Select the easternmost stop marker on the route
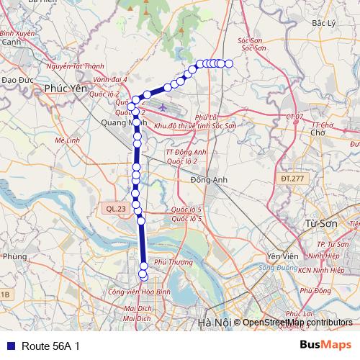tap(229, 64)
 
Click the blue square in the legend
tap(9, 346)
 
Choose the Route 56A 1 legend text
tap(50, 346)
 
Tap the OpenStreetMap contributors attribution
tap(297, 322)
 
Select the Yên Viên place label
tap(282, 257)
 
